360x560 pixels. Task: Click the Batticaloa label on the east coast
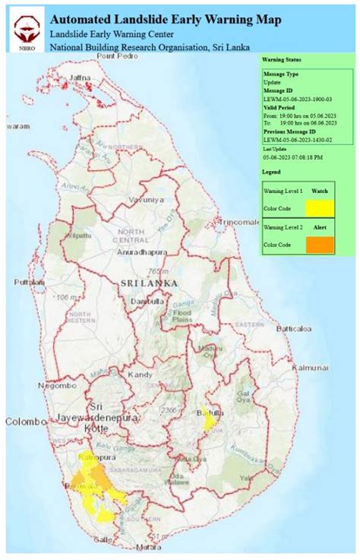click(x=295, y=329)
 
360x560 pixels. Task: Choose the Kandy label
click(x=142, y=375)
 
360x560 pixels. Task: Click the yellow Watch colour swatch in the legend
click(x=321, y=207)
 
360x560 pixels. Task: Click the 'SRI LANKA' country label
click(x=148, y=283)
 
